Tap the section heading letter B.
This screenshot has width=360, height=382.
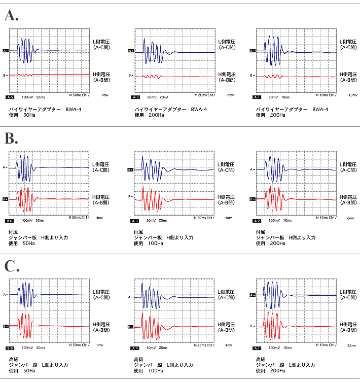pos(11,138)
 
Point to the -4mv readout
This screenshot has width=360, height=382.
pos(104,95)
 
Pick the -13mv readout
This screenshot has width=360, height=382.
pos(350,95)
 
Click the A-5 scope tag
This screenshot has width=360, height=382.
pos(10,96)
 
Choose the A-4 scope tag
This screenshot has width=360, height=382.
pos(135,349)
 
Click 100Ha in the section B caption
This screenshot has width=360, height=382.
pos(156,243)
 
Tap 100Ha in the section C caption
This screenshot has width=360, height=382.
pos(156,371)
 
